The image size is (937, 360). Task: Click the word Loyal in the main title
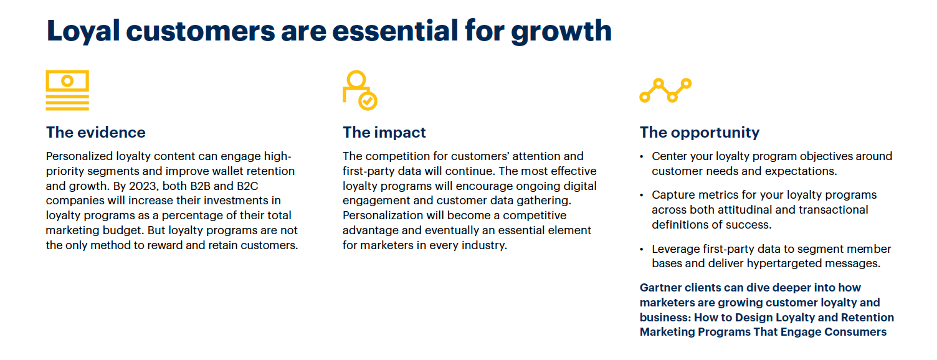pos(83,32)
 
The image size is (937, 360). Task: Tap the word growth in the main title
pos(561,32)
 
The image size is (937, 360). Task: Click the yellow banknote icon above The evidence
pos(67,90)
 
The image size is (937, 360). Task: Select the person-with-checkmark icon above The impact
pos(359,90)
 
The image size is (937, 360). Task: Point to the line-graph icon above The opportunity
pos(665,90)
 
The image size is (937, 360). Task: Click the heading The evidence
pos(96,133)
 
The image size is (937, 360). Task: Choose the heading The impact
pos(384,133)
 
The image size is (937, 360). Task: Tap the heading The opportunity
pos(700,133)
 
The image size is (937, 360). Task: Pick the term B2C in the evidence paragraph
pos(247,186)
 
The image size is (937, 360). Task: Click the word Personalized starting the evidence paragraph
pos(80,156)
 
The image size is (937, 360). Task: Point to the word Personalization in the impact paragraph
pos(383,216)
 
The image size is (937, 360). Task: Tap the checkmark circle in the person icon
pos(368,101)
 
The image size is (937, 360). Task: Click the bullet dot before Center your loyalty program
pos(642,157)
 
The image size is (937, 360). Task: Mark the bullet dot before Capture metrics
pos(642,196)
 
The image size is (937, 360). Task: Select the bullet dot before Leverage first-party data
pos(642,250)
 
